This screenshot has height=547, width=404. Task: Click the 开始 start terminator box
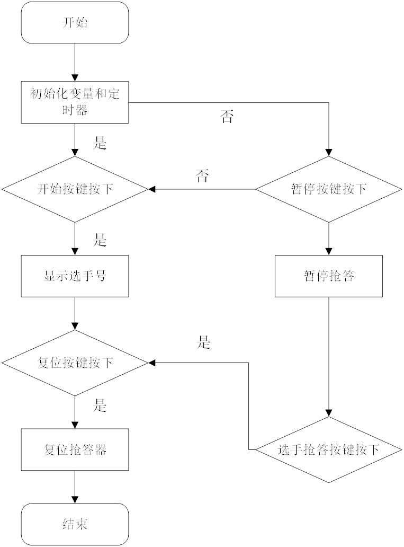pyautogui.click(x=75, y=23)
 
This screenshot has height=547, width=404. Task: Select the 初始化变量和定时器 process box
pyautogui.click(x=75, y=102)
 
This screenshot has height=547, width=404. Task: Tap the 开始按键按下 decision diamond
pyautogui.click(x=75, y=189)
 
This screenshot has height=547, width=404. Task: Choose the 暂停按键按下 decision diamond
pyautogui.click(x=328, y=189)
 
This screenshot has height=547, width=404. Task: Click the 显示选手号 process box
pyautogui.click(x=75, y=276)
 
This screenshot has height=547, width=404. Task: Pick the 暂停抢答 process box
pyautogui.click(x=328, y=276)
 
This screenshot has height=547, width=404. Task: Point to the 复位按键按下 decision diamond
pyautogui.click(x=75, y=363)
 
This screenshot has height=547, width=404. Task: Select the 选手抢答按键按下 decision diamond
pyautogui.click(x=328, y=450)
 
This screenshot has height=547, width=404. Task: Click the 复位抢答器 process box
pyautogui.click(x=75, y=450)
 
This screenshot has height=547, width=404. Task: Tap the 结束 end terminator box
pyautogui.click(x=75, y=524)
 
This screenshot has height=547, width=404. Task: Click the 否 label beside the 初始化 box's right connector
pyautogui.click(x=227, y=117)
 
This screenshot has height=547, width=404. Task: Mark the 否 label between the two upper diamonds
pyautogui.click(x=202, y=176)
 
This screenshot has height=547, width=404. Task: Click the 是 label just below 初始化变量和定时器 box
pyautogui.click(x=100, y=143)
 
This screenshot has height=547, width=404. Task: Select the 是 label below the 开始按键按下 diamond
pyautogui.click(x=100, y=240)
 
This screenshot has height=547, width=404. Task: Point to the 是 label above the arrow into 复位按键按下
pyautogui.click(x=204, y=343)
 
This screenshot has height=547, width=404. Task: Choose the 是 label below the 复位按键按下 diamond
pyautogui.click(x=100, y=406)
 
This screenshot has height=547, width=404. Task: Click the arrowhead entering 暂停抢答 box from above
pyautogui.click(x=328, y=251)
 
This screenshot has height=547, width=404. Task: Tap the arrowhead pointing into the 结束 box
pyautogui.click(x=75, y=499)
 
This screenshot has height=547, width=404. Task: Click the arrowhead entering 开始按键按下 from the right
pyautogui.click(x=152, y=189)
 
